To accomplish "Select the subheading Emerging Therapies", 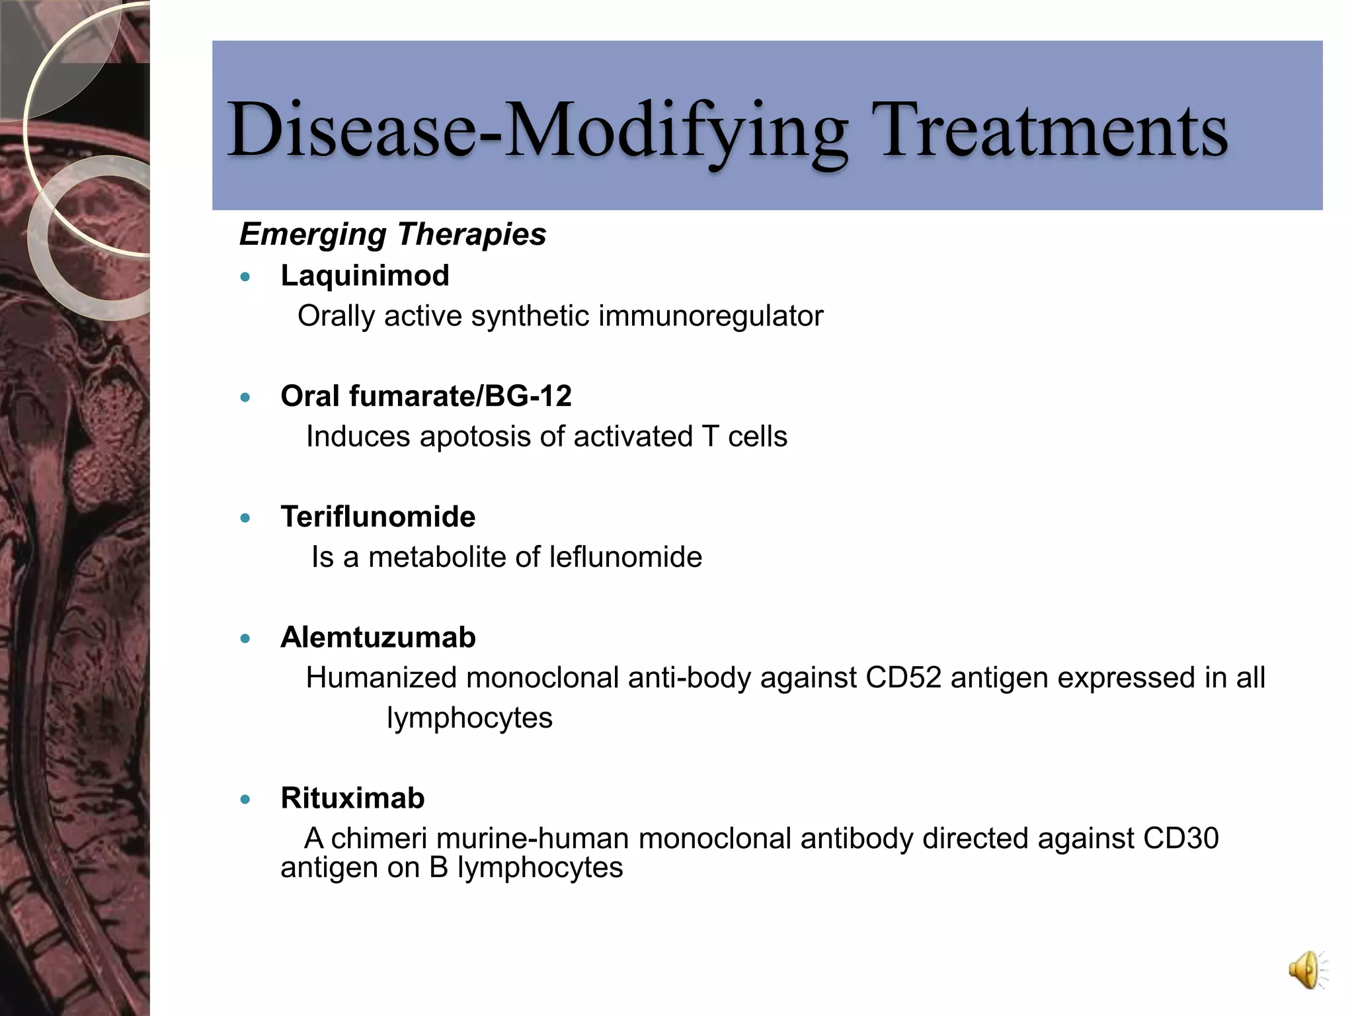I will (393, 234).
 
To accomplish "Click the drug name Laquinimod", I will (365, 275).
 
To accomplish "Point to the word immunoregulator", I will (711, 316).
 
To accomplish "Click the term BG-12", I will (528, 396).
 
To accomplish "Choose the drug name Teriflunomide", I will (378, 517).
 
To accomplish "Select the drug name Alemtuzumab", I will (378, 638).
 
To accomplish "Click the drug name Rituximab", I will (352, 798).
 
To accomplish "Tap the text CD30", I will (1180, 839).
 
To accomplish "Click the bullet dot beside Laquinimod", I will (246, 277).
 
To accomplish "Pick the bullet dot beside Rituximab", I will (246, 800).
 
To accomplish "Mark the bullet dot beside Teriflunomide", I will (246, 519).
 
